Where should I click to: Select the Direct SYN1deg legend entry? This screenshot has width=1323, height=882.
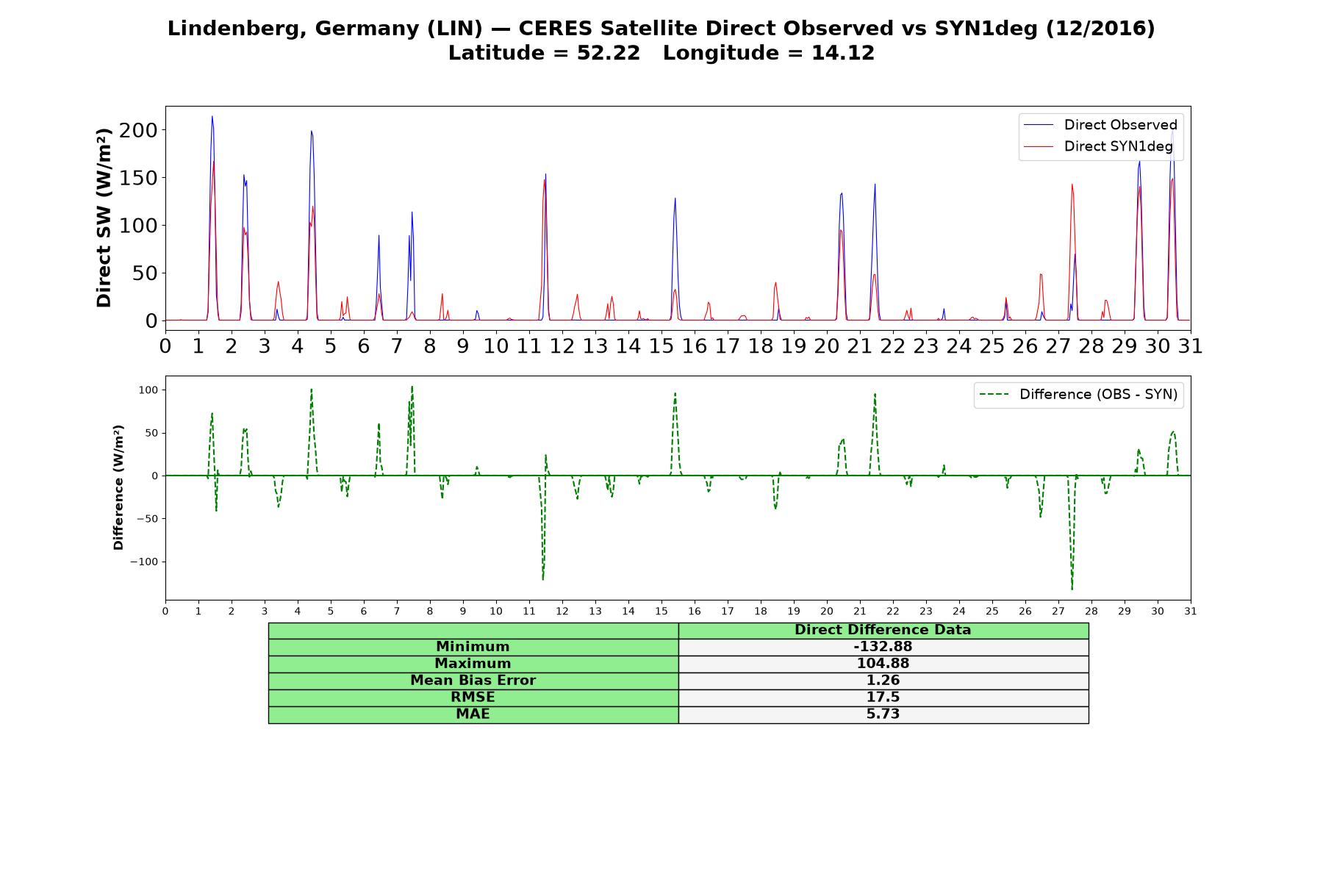pos(1098,146)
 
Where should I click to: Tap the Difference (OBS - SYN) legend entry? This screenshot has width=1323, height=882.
pos(1078,395)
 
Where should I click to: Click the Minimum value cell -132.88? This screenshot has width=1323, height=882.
pos(883,647)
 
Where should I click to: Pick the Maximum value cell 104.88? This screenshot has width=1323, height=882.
pos(883,664)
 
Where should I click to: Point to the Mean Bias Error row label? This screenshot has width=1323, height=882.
pos(473,681)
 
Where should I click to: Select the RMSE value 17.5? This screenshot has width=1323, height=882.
pos(883,698)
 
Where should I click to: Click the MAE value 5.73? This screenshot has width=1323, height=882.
pos(883,714)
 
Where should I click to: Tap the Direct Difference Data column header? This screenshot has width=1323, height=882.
pos(883,630)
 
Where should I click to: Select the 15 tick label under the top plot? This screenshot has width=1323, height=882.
pos(661,345)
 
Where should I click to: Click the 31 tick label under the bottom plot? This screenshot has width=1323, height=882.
pos(1191,611)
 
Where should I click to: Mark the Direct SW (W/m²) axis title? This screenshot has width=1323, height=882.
pos(104,218)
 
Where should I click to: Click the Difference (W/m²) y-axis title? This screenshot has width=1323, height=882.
pos(118,487)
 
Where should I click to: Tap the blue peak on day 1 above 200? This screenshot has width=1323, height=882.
pos(212,116)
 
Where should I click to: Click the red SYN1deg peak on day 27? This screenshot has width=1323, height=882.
pos(1072,184)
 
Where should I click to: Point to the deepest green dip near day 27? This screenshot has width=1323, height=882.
pos(1072,589)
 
